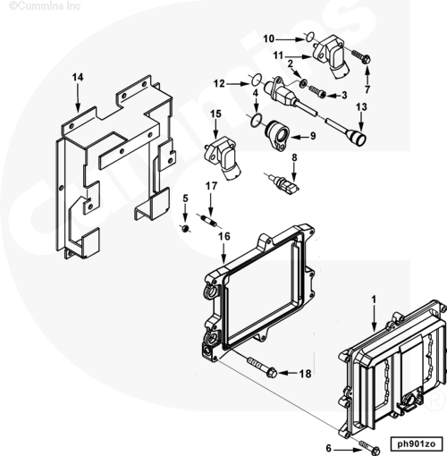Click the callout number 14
pos(78,78)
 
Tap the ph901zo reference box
pos(417,444)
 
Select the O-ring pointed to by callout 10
pos(310,37)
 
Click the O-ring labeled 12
pos(256,80)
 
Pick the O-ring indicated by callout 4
pos(256,120)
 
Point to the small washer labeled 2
pos(303,83)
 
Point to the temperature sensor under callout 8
pos(283,183)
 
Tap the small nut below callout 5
pos(186,229)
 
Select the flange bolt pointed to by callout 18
pos(262,368)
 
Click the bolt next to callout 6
pos(370,446)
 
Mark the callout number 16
pos(224,236)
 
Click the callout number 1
pos(374,300)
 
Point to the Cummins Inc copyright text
pos(45,6)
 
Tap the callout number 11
pos(278,55)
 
